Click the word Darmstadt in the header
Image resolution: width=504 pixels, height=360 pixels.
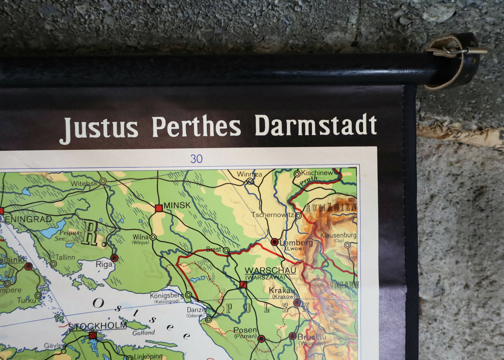click(x=316, y=125)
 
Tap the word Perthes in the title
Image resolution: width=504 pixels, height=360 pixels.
click(x=196, y=127)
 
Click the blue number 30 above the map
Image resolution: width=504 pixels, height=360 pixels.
click(x=196, y=159)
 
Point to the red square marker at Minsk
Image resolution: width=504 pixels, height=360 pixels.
click(x=159, y=208)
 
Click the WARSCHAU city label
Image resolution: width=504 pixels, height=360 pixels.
click(x=270, y=271)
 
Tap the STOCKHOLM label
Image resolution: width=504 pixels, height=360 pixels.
click(x=97, y=326)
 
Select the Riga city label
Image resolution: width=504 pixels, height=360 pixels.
click(x=104, y=264)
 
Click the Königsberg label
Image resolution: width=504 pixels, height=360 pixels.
click(x=166, y=296)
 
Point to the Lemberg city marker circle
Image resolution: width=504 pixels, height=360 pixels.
click(x=274, y=242)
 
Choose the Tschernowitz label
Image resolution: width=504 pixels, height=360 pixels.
click(x=273, y=215)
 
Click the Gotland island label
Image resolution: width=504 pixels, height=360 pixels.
click(x=143, y=333)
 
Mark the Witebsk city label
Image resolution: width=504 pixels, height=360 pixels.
click(x=84, y=184)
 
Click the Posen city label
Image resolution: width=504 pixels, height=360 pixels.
click(x=245, y=330)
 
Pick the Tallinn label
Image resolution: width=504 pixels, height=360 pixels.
click(x=65, y=258)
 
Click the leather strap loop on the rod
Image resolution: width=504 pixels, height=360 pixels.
click(x=453, y=59)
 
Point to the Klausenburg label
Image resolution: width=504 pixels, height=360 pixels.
click(x=338, y=235)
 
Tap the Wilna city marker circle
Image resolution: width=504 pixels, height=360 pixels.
click(x=153, y=237)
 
